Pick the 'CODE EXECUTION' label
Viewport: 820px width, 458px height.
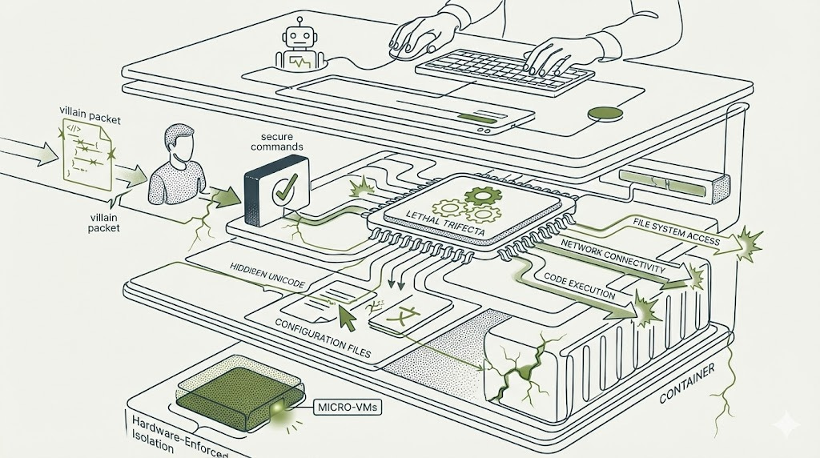coord(579,286)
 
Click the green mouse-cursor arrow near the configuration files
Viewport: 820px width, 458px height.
coord(346,317)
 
